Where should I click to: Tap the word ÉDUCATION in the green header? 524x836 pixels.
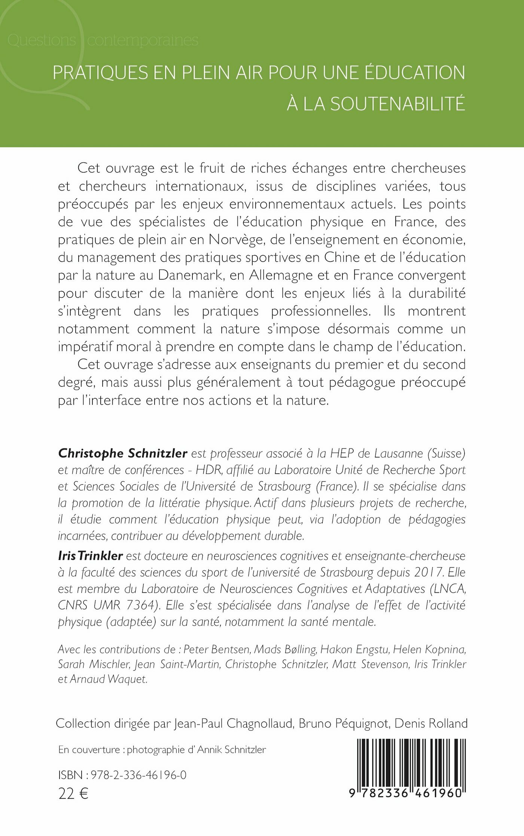click(415, 72)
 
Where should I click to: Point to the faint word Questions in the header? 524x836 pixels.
click(42, 40)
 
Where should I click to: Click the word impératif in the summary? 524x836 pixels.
click(85, 347)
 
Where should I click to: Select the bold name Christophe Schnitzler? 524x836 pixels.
click(123, 453)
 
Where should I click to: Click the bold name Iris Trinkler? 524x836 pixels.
click(90, 555)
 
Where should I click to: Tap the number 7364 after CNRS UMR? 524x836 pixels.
click(140, 605)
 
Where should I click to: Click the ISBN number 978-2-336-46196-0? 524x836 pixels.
click(138, 775)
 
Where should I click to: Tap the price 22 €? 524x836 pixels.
click(73, 793)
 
